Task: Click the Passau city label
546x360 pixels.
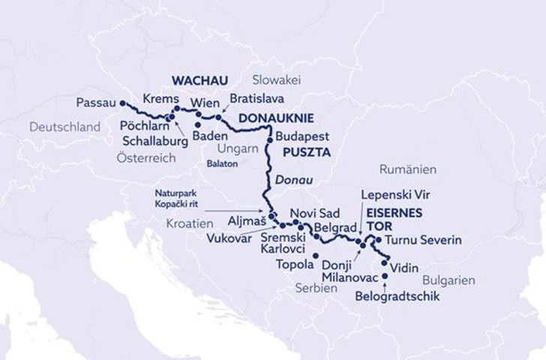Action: point(95,103)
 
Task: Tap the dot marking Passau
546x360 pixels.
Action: point(122,103)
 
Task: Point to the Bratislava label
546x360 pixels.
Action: point(256,98)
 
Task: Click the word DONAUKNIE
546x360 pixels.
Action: point(275,118)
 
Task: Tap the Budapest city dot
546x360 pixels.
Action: point(269,138)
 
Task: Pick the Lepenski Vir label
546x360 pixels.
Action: point(391,196)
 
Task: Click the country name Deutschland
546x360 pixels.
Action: point(65,127)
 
